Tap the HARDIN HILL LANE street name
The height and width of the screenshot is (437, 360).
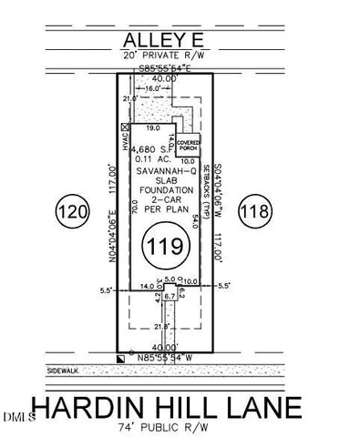coord(181,405)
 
